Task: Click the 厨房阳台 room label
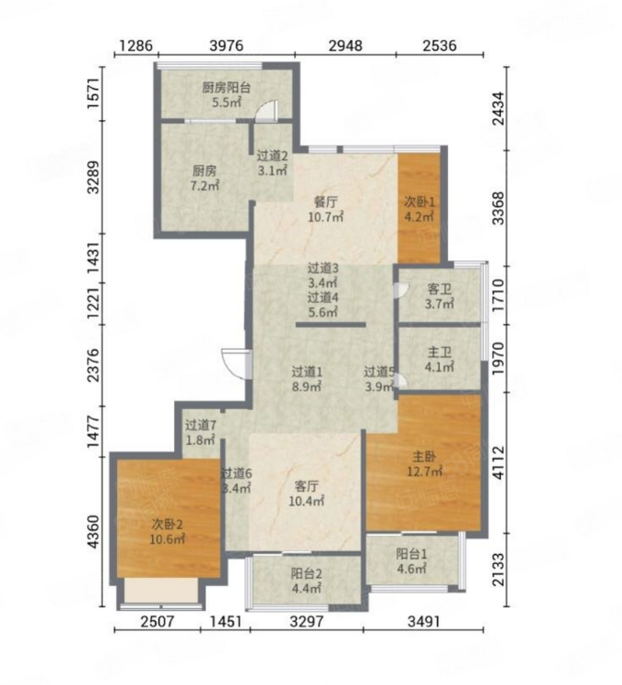click(226, 88)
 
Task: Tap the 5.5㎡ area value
click(227, 103)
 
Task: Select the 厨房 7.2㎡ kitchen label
click(204, 178)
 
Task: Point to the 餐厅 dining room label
click(325, 202)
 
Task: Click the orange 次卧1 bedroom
click(419, 208)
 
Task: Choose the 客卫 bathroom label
click(440, 289)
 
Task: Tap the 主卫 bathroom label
click(440, 352)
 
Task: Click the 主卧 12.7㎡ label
click(424, 464)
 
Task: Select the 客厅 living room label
click(306, 485)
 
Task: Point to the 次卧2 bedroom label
click(167, 523)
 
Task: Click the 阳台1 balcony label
click(411, 554)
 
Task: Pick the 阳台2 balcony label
click(306, 573)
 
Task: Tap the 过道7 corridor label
click(201, 425)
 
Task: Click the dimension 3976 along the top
click(226, 45)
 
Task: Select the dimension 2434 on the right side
click(497, 108)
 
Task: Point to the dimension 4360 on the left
click(94, 532)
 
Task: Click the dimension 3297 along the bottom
click(307, 621)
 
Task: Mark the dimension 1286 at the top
click(136, 45)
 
